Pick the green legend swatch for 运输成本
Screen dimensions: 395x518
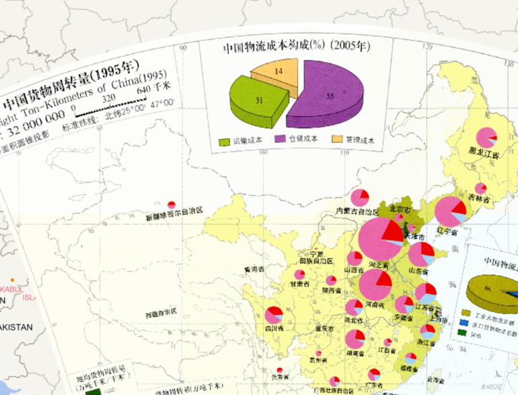pos(225,142)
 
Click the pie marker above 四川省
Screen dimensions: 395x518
pos(274,315)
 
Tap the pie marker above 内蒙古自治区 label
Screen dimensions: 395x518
pos(361,197)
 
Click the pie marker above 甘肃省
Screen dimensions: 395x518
pos(299,275)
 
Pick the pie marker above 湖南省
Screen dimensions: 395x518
pos(355,338)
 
